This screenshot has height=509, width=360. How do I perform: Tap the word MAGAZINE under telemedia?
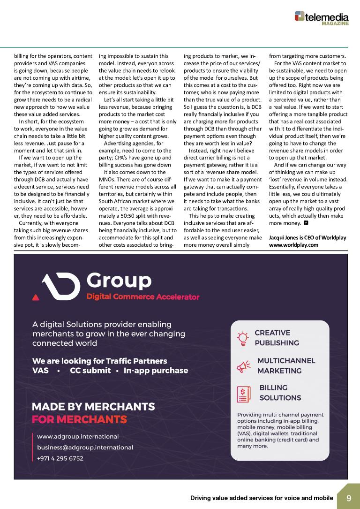click(x=337, y=23)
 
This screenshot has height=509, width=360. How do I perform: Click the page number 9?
click(x=349, y=498)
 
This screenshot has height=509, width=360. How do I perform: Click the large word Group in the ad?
click(x=119, y=281)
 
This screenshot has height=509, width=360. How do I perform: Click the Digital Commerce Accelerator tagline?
click(x=143, y=297)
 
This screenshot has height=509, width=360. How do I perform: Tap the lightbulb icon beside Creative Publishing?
click(x=243, y=338)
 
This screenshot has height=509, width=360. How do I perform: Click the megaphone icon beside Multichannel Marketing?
click(x=243, y=366)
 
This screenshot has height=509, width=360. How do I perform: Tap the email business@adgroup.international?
click(x=85, y=448)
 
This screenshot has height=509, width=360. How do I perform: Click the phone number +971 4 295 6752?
click(x=60, y=458)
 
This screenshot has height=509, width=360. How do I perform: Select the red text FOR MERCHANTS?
click(x=79, y=419)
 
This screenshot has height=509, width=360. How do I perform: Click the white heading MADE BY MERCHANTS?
click(x=93, y=407)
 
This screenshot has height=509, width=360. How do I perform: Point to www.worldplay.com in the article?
click(x=293, y=245)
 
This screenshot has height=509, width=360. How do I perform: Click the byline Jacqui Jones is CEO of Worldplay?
click(x=307, y=238)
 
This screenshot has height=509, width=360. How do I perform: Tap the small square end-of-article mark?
click(x=306, y=223)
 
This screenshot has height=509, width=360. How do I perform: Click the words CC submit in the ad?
click(x=90, y=371)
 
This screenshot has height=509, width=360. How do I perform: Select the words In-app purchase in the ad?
click(x=156, y=371)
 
